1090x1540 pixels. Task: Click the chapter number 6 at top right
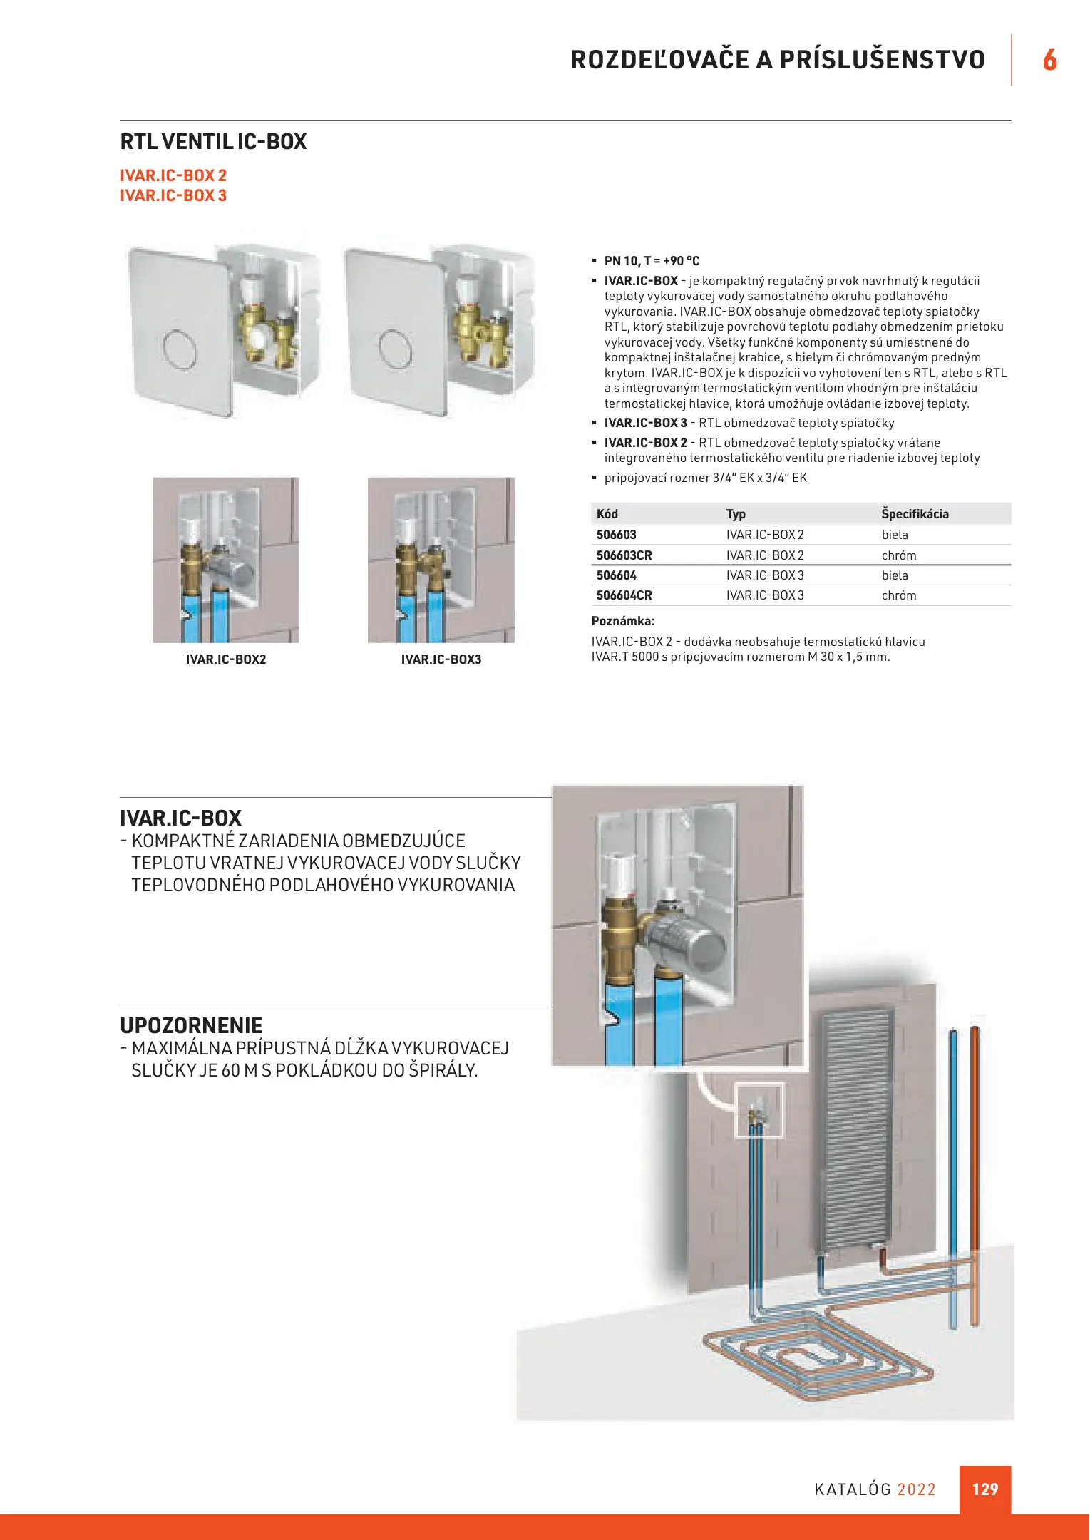tap(1049, 60)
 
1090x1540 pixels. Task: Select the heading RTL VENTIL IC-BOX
tap(213, 142)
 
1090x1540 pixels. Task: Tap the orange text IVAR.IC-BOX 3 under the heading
tap(173, 195)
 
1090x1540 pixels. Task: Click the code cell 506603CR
tap(624, 555)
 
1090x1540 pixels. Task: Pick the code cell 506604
tap(616, 575)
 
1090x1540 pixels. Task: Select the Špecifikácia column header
tap(915, 514)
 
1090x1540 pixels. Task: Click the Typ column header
tap(736, 514)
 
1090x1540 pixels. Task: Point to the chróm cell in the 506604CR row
tap(899, 595)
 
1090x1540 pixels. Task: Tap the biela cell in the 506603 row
tap(895, 535)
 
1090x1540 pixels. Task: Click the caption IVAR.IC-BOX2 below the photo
tap(226, 659)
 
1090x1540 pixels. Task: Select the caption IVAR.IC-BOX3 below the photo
tap(441, 659)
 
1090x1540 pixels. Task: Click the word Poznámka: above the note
tap(623, 621)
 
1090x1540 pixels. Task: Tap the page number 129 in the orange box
tap(985, 1489)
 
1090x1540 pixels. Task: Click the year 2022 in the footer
tap(916, 1489)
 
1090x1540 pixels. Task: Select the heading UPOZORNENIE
tap(191, 1025)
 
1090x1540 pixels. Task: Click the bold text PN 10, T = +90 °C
tap(652, 261)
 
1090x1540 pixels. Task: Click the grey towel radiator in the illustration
tap(855, 1134)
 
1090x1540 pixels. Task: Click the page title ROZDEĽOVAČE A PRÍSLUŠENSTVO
tap(777, 60)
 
